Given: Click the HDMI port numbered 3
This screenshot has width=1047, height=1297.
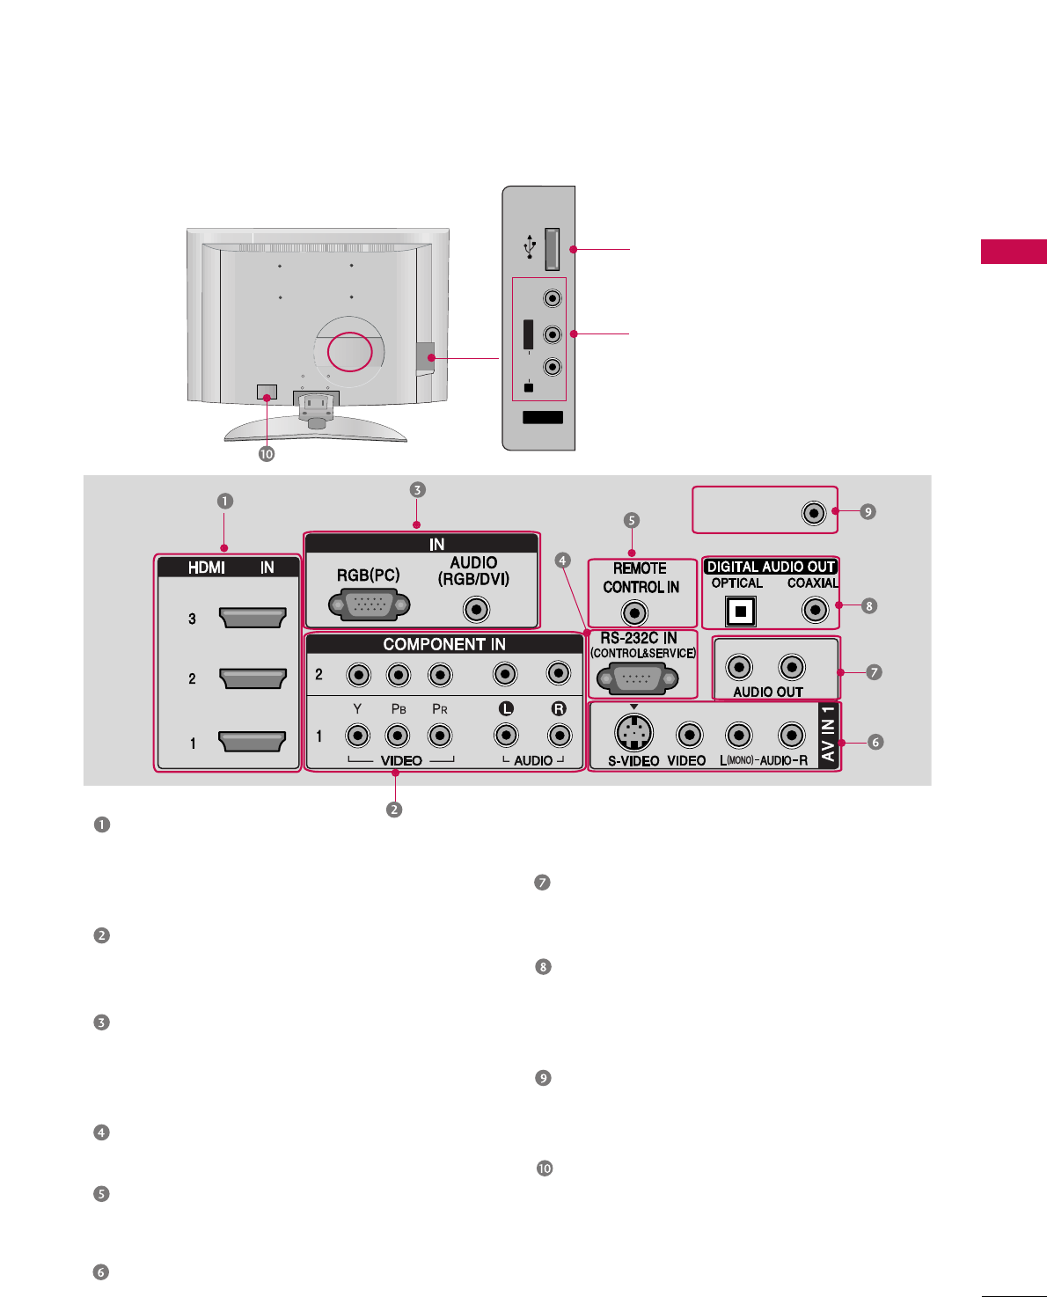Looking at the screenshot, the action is (253, 618).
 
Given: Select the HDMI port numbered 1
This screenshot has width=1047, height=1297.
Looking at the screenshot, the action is (253, 742).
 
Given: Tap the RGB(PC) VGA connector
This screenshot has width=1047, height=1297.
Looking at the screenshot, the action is (369, 606).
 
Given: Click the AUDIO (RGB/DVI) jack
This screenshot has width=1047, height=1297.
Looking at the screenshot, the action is (476, 609).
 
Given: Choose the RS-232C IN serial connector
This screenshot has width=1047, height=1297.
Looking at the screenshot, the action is (637, 679).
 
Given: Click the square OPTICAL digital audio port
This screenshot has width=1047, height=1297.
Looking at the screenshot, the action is (741, 611).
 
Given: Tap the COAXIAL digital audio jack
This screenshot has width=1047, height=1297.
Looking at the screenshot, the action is (816, 609).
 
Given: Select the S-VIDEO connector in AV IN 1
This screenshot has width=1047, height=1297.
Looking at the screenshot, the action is (633, 732).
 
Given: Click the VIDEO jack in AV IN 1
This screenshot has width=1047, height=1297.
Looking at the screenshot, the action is (689, 734).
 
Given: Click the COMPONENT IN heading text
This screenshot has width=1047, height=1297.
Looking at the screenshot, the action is (444, 644).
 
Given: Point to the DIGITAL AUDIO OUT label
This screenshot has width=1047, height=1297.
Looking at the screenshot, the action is (771, 567).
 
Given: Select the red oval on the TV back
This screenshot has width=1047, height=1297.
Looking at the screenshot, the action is (350, 350).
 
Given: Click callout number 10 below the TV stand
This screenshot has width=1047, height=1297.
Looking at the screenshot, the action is (267, 454).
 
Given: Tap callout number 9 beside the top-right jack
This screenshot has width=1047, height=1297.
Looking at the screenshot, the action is (868, 511).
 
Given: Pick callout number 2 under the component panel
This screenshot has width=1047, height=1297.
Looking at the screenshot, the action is (394, 810).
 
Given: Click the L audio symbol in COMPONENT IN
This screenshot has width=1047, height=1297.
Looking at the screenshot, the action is (505, 708).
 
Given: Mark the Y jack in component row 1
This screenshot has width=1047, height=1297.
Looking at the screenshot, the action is (357, 735).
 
